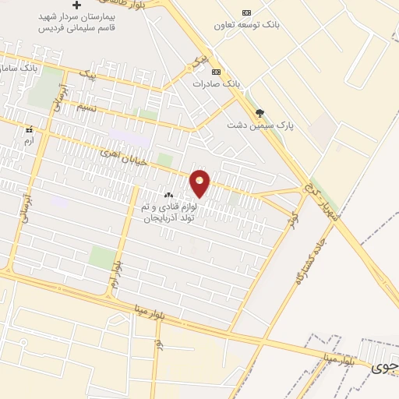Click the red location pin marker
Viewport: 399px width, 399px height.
[x=200, y=183]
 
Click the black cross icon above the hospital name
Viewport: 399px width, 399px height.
[x=76, y=5]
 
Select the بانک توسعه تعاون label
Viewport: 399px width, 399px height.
[x=247, y=25]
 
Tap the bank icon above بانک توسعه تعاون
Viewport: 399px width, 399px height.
[x=247, y=12]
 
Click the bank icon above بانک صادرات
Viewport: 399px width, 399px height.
[x=217, y=72]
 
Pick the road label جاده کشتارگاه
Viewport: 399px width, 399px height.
[x=301, y=260]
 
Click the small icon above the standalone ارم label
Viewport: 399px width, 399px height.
[x=30, y=129]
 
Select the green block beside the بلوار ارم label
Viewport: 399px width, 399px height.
[x=101, y=257]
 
